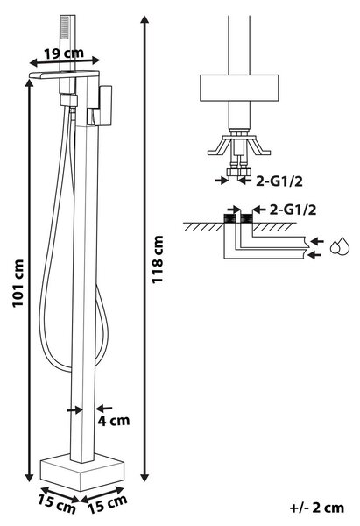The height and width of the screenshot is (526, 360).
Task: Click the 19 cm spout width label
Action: [x=64, y=53]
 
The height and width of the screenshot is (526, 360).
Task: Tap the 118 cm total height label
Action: [x=158, y=259]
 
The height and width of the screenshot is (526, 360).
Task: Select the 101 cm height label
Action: [x=18, y=283]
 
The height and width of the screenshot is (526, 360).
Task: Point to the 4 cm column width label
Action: [x=114, y=420]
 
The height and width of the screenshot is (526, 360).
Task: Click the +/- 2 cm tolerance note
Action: [x=317, y=508]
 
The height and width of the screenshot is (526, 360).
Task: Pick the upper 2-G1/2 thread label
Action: [x=279, y=181]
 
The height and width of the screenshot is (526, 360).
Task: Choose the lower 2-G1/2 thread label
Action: [x=293, y=210]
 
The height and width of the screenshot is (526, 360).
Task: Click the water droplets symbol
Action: [x=340, y=245]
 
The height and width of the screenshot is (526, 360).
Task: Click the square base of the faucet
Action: [x=81, y=471]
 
